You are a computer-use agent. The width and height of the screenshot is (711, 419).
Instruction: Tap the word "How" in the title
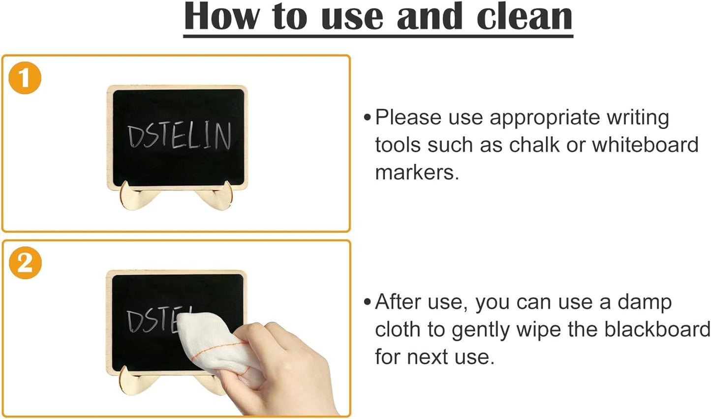(x=222, y=17)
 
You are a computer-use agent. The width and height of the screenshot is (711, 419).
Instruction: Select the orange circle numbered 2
(x=25, y=263)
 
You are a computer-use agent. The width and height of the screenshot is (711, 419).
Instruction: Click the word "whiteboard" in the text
(x=645, y=145)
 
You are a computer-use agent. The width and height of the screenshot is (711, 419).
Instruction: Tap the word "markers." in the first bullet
(x=417, y=172)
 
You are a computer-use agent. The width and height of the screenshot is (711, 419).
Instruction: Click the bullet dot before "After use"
(x=367, y=301)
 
